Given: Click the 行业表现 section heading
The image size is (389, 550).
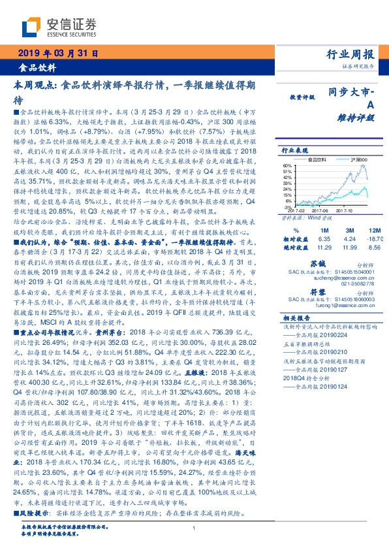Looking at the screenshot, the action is pos(294,150).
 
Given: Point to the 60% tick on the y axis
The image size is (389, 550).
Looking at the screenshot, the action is pos(287,165).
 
